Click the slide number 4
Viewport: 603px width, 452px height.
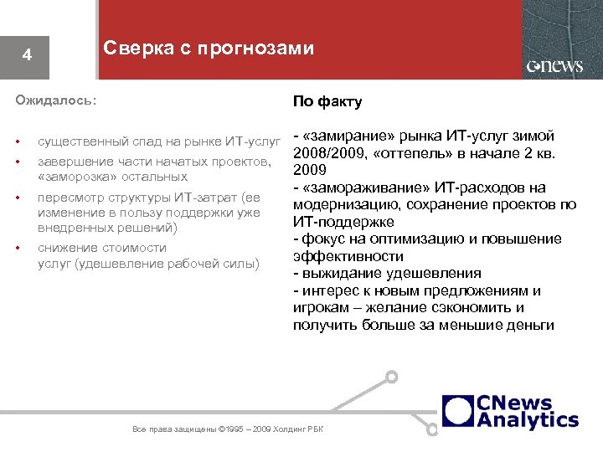pos(28,56)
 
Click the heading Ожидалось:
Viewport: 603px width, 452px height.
pos(56,100)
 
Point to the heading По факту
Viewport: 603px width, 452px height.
pos(327,101)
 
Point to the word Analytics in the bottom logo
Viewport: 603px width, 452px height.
pos(527,419)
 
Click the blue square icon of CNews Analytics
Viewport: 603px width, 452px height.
pos(458,410)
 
